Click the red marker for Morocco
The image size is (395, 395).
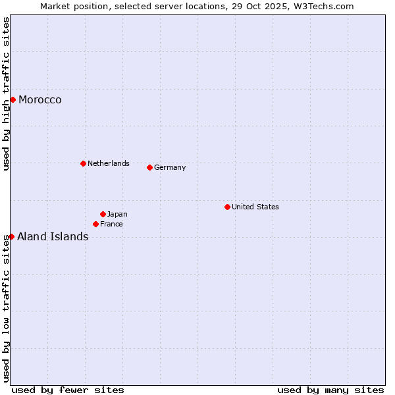coord(13,99)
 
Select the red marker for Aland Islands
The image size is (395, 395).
coord(11,236)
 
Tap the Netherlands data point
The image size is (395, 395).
coord(83,163)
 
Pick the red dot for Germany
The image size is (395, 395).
coord(149,167)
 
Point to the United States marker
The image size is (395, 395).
coord(227,207)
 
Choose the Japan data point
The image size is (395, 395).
coord(103,214)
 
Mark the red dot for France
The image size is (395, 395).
coord(95,224)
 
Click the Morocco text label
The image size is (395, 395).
coord(40,100)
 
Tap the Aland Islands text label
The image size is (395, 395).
coord(53,237)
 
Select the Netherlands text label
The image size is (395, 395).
coord(109,163)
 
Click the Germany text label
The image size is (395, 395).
coord(170,167)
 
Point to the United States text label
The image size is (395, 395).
coord(255,207)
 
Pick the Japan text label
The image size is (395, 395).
coord(117,214)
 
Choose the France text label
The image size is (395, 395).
coord(111,224)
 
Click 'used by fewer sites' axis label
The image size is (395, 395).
coord(68,390)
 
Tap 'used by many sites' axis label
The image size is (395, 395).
coord(330,390)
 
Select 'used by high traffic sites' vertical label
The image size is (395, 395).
coord(6,94)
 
